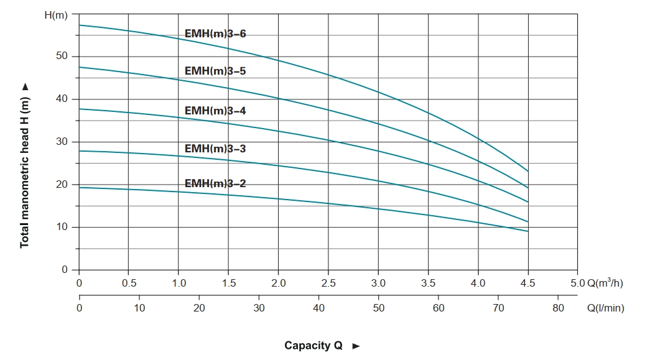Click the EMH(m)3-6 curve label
click(215, 34)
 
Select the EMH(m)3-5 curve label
click(215, 71)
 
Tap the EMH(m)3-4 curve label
click(215, 111)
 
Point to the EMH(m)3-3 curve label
click(215, 149)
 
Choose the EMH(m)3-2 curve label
click(215, 183)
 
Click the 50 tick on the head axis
click(62, 57)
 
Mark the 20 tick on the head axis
click(62, 185)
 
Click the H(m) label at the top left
click(56, 14)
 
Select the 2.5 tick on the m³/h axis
click(328, 283)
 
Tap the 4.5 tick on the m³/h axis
click(527, 283)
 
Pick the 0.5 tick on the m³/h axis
click(129, 283)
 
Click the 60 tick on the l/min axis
click(438, 307)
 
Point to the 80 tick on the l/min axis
click(558, 307)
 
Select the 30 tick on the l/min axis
click(259, 307)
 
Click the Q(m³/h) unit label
click(605, 283)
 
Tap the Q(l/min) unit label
click(605, 307)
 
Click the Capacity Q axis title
click(313, 345)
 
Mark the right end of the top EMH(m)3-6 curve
click(528, 171)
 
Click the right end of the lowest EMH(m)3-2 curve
click(528, 231)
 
